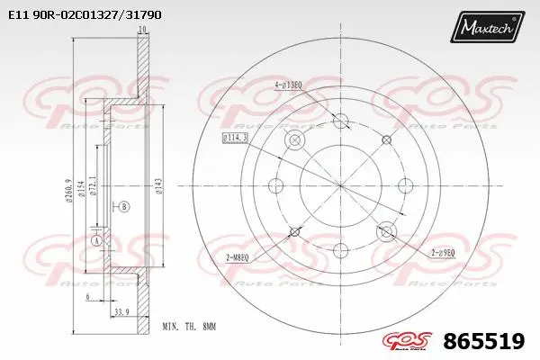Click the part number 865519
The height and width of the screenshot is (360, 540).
484,342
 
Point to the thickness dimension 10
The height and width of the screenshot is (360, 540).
141,31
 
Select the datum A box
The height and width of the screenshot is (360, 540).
97,241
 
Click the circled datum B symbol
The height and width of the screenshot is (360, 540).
123,206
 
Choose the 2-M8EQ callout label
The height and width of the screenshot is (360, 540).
246,257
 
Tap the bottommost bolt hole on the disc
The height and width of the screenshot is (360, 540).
340,251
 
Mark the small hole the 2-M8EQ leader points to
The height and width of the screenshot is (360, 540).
292,233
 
